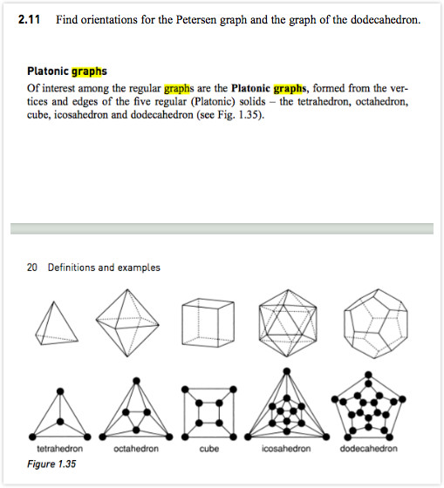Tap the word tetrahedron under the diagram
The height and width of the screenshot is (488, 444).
pos(60,449)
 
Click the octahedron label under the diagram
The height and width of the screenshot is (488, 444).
pos(136,449)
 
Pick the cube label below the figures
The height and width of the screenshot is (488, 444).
pos(209,449)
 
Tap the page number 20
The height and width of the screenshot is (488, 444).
pos(32,268)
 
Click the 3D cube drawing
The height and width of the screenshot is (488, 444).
pos(208,322)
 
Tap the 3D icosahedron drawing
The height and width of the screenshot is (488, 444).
pos(287,322)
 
